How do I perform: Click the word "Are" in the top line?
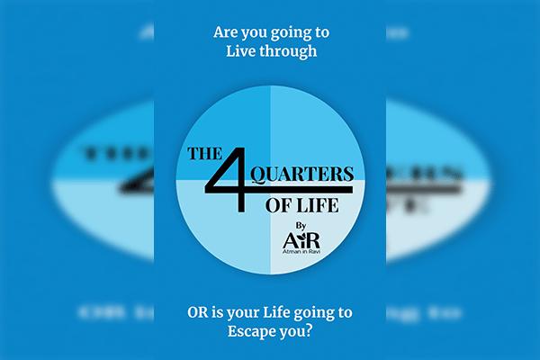click(x=225, y=31)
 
